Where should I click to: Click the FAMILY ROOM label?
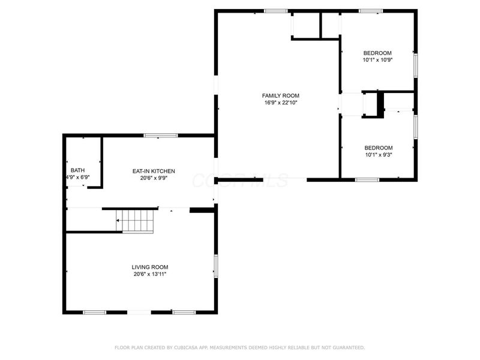point(280,95)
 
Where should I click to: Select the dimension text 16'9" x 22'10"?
point(280,103)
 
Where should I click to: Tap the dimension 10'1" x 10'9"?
point(377,59)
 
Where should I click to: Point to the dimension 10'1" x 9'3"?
point(379,155)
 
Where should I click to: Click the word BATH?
point(77,170)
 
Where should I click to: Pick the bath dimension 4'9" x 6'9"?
point(77,178)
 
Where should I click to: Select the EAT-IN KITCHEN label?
point(154,171)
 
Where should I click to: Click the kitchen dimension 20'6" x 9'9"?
point(154,178)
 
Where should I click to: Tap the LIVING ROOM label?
point(150,267)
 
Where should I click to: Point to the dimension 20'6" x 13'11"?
point(150,274)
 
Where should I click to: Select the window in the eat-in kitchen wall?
point(160,136)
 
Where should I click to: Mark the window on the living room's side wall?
point(215,266)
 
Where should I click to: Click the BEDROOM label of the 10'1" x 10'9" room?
point(377,53)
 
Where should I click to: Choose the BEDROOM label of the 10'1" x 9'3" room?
point(379,148)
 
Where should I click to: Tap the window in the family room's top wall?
point(275,11)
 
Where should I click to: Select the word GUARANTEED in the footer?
point(346,347)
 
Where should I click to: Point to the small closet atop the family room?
point(305,25)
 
